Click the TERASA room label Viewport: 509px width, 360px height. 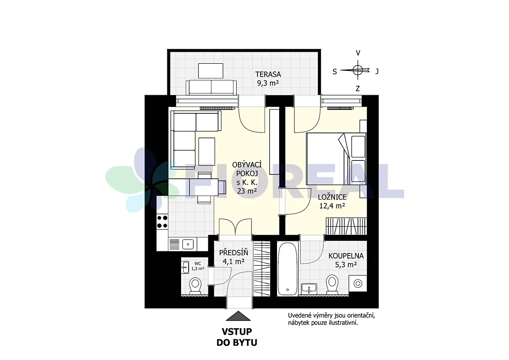pos(268,74)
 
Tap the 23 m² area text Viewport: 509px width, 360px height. pos(247,191)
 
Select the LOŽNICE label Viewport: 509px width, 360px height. pos(332,197)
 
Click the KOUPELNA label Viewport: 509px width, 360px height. pos(346,256)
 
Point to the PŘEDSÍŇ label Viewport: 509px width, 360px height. pos(233,253)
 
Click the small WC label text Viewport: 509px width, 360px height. pos(198,264)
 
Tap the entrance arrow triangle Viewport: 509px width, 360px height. pos(238,316)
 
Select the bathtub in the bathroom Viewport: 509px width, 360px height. pos(288,269)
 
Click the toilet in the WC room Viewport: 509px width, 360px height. pos(195,285)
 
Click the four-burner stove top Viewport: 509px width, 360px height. pos(162,222)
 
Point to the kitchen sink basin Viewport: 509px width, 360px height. pos(188,244)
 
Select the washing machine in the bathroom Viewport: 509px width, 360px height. pos(358,283)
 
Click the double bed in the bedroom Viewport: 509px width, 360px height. pos(336,159)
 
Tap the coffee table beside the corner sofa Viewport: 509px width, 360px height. pos(207,152)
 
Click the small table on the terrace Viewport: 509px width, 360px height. pos(211,71)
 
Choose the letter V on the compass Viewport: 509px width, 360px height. pos(358,53)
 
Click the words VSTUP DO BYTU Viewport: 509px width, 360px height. pos(237,337)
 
